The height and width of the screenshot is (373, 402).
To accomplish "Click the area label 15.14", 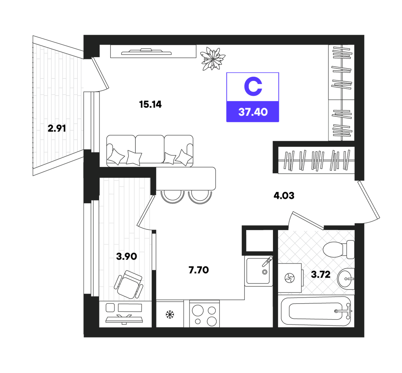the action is click(x=150, y=105).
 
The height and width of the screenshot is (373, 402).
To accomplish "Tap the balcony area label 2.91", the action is click(x=57, y=128).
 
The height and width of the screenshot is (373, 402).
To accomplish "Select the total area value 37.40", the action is click(x=253, y=112).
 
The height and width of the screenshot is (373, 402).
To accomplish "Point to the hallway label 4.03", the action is click(x=284, y=196).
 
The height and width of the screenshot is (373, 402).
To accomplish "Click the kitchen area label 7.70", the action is click(x=199, y=270).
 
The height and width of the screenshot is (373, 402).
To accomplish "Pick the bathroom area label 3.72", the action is click(x=321, y=275).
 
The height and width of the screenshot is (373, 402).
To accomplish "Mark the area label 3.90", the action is click(x=127, y=257).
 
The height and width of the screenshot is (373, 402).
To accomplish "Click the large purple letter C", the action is click(x=253, y=86).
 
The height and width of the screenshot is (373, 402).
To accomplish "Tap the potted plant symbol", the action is click(x=213, y=59).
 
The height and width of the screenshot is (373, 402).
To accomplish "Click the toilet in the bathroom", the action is click(x=338, y=249).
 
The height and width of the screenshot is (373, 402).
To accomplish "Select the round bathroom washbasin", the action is click(x=346, y=279).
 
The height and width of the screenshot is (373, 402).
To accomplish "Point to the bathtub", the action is click(x=316, y=311).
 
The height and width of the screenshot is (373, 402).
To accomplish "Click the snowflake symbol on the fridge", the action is click(x=170, y=315).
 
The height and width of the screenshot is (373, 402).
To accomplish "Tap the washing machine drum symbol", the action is click(x=290, y=278).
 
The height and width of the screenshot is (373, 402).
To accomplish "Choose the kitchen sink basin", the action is click(x=258, y=271).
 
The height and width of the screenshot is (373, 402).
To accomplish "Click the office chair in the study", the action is click(x=128, y=284).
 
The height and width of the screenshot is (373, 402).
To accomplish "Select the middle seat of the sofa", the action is click(x=150, y=149).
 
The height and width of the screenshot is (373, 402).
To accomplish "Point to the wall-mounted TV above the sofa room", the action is click(x=146, y=52).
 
